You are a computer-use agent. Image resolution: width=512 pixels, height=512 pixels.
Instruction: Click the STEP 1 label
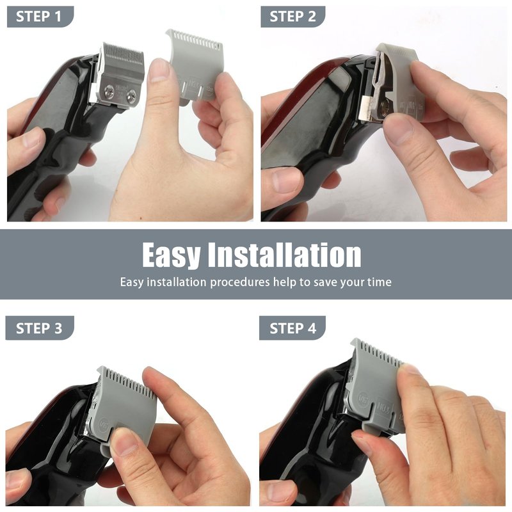pos(38,17)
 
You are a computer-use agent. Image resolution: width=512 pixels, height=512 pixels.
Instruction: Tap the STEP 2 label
pos(292,17)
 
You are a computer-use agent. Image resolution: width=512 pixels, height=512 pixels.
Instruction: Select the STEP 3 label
pos(39,328)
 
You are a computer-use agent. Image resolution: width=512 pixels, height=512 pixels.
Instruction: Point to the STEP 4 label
pos(292,328)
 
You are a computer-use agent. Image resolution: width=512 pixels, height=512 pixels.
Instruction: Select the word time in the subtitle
pos(380,282)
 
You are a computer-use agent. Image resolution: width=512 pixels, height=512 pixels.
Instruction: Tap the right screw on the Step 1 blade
pos(132,95)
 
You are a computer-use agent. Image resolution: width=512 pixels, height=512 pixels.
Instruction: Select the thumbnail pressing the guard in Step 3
pos(124,442)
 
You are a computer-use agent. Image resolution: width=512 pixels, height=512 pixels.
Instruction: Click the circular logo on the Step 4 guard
pos(363,397)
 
